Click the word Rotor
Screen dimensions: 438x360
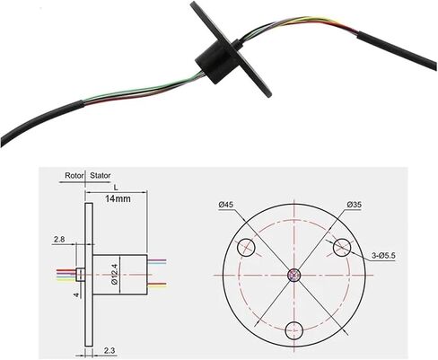(x=74, y=175)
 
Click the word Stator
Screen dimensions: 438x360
(x=101, y=175)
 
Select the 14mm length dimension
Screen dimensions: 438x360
(x=118, y=198)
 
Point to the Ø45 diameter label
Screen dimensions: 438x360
(x=226, y=205)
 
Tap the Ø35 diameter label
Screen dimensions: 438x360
(x=355, y=205)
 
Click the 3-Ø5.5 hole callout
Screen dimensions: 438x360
(x=384, y=256)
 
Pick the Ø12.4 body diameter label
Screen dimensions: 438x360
(x=115, y=275)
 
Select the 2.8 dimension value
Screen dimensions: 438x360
(x=59, y=240)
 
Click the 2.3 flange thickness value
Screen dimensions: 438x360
(x=109, y=350)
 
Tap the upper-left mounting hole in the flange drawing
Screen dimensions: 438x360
(x=246, y=248)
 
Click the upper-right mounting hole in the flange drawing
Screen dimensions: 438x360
(x=342, y=248)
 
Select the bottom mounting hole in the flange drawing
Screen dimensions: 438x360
(x=294, y=330)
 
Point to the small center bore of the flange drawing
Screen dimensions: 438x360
(x=294, y=275)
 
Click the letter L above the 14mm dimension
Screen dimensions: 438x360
(x=116, y=188)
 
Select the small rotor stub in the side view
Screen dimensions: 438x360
(x=81, y=275)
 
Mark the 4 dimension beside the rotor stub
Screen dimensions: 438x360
(x=76, y=295)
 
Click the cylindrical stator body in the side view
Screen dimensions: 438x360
(x=120, y=275)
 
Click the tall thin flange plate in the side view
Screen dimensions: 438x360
(x=89, y=275)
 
